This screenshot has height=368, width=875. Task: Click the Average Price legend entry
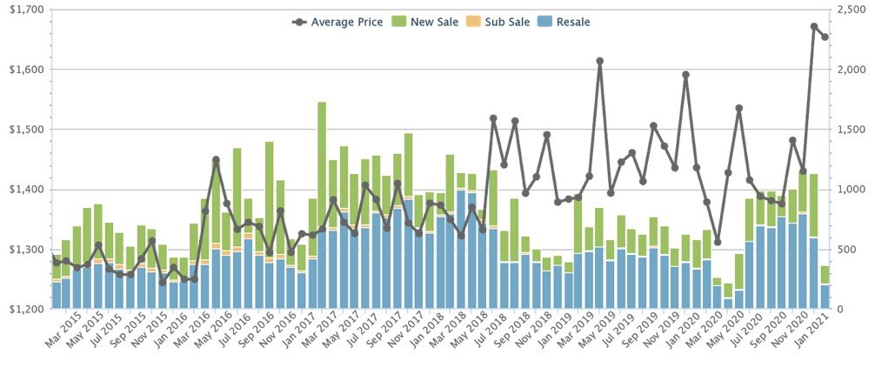point(339,22)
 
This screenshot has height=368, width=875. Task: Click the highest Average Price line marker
point(814,27)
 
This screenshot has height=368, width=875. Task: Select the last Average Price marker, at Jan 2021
point(825,37)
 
